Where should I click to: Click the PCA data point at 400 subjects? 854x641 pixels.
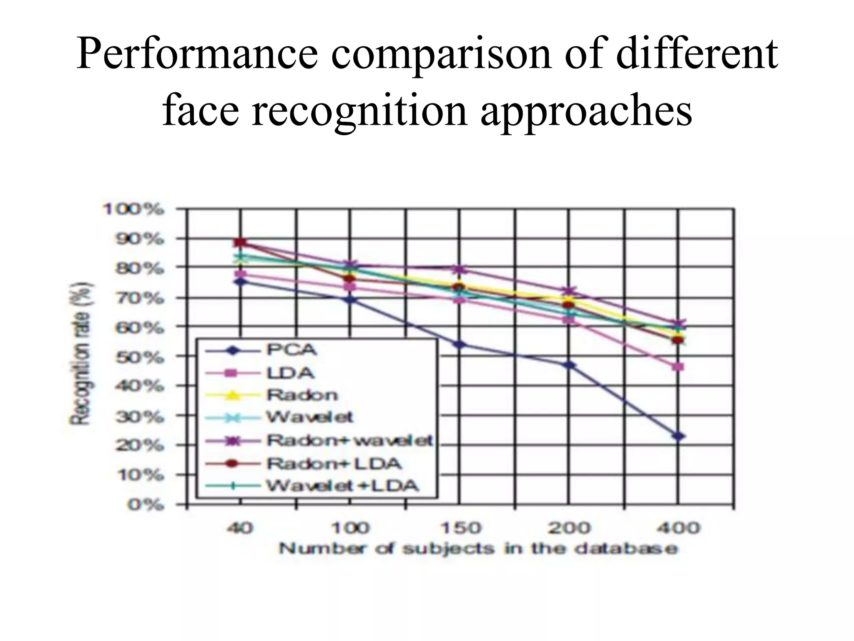point(678,437)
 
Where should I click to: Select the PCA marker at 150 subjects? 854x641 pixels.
point(460,345)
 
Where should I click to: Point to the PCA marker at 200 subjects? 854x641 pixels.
point(569,365)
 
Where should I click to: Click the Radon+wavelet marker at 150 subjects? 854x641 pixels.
point(460,270)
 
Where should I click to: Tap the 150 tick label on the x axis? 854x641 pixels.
point(460,528)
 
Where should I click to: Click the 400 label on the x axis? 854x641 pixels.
point(678,528)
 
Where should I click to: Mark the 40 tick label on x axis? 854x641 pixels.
point(240,528)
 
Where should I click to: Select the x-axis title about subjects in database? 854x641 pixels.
point(478,549)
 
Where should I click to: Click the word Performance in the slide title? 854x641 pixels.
point(196,55)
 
